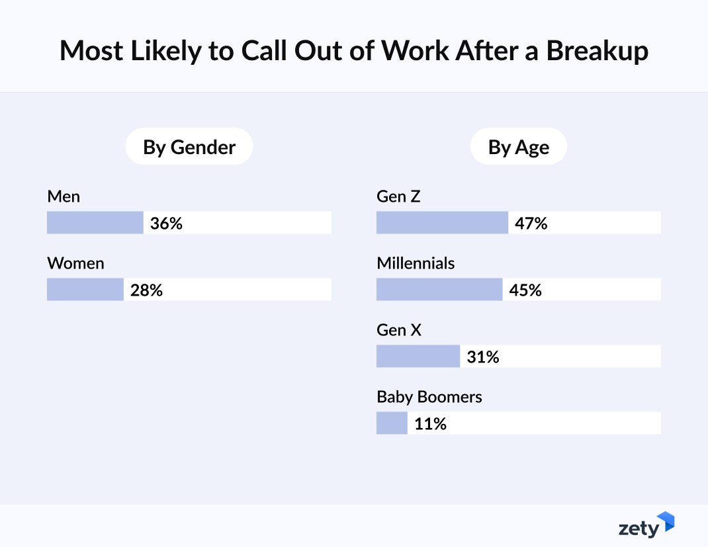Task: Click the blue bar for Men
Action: click(95, 223)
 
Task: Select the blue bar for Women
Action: click(85, 290)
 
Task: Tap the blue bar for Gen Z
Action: click(442, 223)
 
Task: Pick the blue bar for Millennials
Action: click(439, 290)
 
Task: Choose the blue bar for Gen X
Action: click(418, 357)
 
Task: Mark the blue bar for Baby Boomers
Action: click(392, 423)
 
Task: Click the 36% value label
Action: click(166, 224)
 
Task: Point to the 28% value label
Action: click(146, 290)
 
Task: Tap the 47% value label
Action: click(531, 224)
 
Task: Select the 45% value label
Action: click(525, 290)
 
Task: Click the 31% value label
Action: click(483, 357)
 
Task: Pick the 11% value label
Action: click(430, 424)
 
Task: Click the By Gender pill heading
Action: click(189, 147)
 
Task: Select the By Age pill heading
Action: click(518, 147)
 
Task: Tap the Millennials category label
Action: click(416, 263)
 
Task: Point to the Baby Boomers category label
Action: click(429, 397)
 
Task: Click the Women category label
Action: click(75, 263)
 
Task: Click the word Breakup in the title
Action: click(597, 51)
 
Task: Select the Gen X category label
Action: click(398, 330)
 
